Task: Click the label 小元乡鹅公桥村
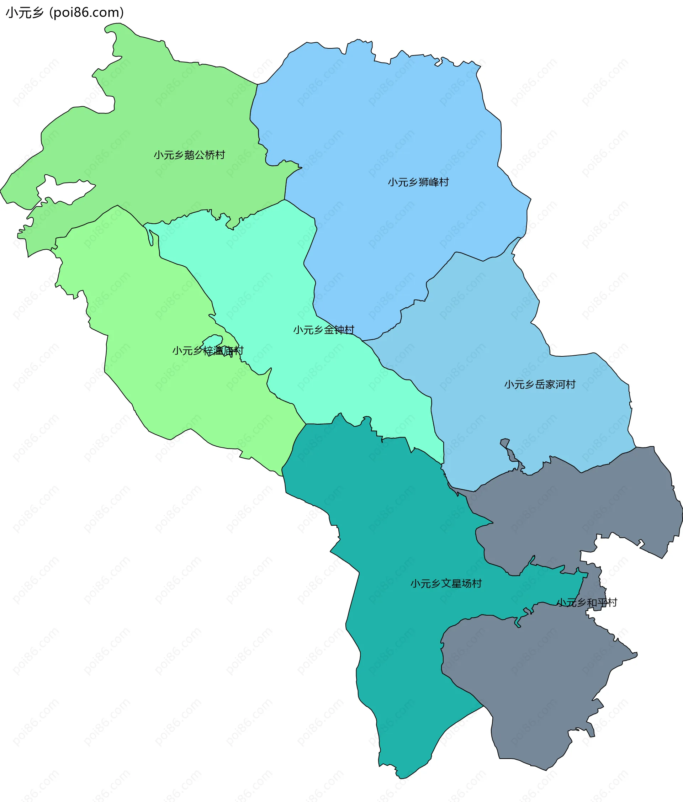(x=189, y=155)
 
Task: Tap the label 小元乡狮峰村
(x=418, y=182)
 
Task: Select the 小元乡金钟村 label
(x=324, y=330)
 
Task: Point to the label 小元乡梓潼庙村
(x=207, y=351)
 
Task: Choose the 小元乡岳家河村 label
(x=540, y=385)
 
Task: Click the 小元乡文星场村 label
(x=446, y=584)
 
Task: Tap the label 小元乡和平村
(x=587, y=603)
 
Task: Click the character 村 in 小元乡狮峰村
(x=444, y=182)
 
